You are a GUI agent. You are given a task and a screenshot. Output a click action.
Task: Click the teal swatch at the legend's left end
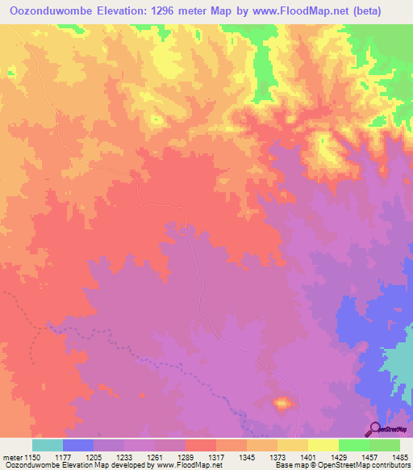(48, 445)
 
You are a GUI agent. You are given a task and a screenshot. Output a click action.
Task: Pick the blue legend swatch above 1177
(78, 445)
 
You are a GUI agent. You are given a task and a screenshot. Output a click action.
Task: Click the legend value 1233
(138, 458)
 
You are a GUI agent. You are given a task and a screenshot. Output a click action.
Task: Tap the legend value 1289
(200, 458)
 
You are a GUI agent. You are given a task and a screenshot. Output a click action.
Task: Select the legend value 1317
(230, 458)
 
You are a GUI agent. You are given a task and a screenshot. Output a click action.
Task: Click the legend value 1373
(291, 458)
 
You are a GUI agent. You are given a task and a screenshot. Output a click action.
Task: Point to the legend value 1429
(353, 458)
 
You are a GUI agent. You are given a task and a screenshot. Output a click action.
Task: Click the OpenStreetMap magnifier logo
(375, 428)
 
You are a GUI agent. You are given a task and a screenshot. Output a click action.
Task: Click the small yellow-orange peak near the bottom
(282, 402)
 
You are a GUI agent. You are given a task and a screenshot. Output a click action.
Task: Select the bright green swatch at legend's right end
(385, 445)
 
